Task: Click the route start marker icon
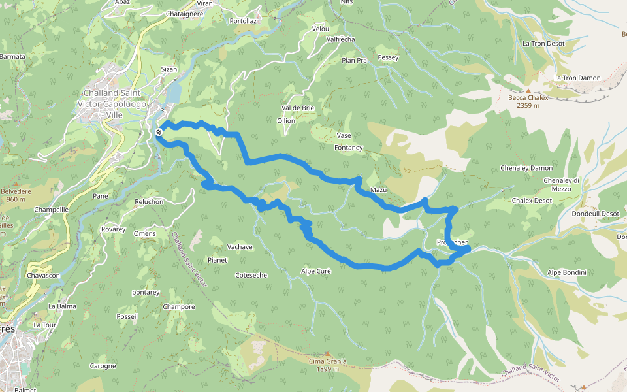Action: coord(159,133)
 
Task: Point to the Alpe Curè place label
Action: coord(316,271)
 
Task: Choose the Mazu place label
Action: coord(379,190)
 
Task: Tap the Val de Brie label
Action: coord(298,108)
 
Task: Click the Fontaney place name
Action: coord(348,148)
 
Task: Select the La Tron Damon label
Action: coord(577,78)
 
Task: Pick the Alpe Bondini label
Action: coord(567,272)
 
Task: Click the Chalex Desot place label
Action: coord(532,201)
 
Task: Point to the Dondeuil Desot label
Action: coord(595,214)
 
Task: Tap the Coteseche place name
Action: coord(251,275)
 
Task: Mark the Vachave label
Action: coord(240,247)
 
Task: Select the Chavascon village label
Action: coord(43,276)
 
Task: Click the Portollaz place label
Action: coord(243,21)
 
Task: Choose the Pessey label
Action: coord(388,57)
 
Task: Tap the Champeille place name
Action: coord(52,210)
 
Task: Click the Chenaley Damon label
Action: coord(526,168)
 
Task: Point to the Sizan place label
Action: coord(169,69)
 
